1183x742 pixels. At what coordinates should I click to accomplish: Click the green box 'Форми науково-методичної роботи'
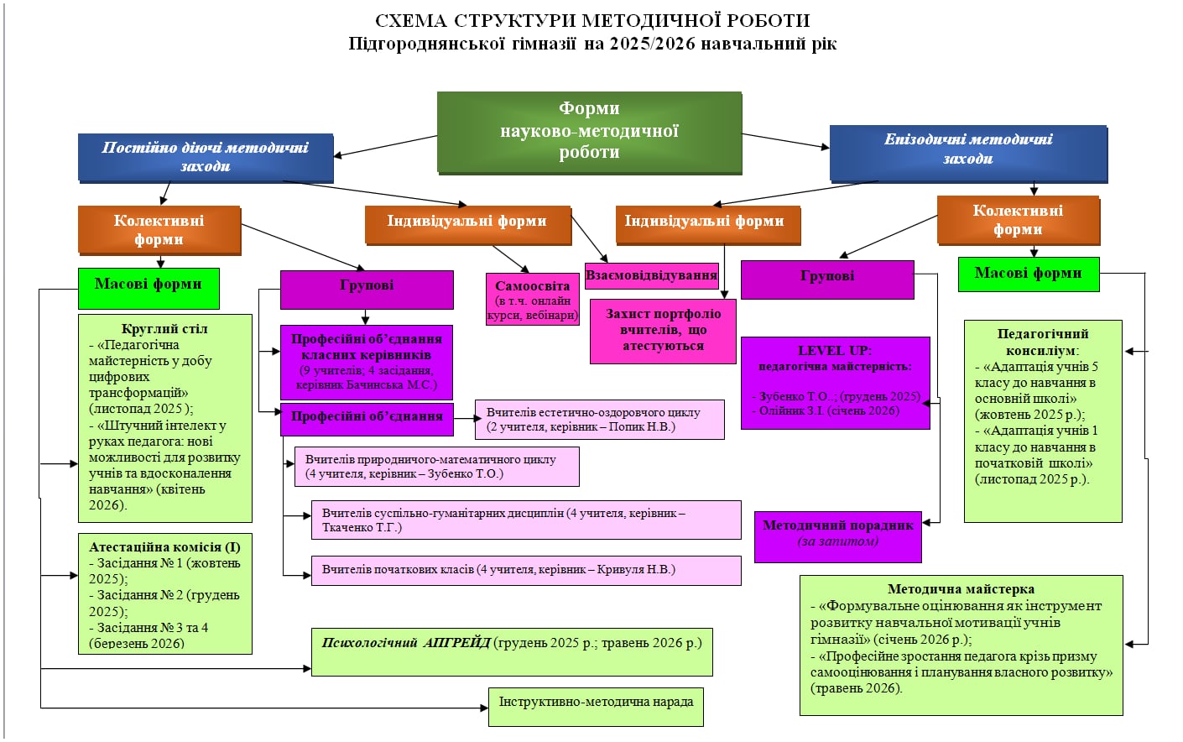589,131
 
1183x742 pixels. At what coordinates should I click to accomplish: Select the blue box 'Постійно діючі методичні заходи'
206,157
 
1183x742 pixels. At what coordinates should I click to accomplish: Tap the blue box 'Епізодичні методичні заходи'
967,152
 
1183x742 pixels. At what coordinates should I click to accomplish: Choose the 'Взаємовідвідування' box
651,275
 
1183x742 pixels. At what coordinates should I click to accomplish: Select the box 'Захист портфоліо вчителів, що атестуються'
663,330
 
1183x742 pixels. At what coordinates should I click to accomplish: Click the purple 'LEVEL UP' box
835,382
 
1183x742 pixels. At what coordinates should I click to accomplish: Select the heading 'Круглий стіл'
164,328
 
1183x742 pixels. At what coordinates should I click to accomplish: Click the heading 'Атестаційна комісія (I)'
164,546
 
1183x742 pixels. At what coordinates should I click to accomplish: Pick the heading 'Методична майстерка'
961,588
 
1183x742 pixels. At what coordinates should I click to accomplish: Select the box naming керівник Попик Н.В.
599,420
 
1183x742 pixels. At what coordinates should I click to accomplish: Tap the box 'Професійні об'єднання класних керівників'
367,361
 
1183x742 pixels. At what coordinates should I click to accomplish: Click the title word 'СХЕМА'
410,21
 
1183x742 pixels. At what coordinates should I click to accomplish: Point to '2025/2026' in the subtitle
652,44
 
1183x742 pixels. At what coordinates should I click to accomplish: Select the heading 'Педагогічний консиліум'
1042,342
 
